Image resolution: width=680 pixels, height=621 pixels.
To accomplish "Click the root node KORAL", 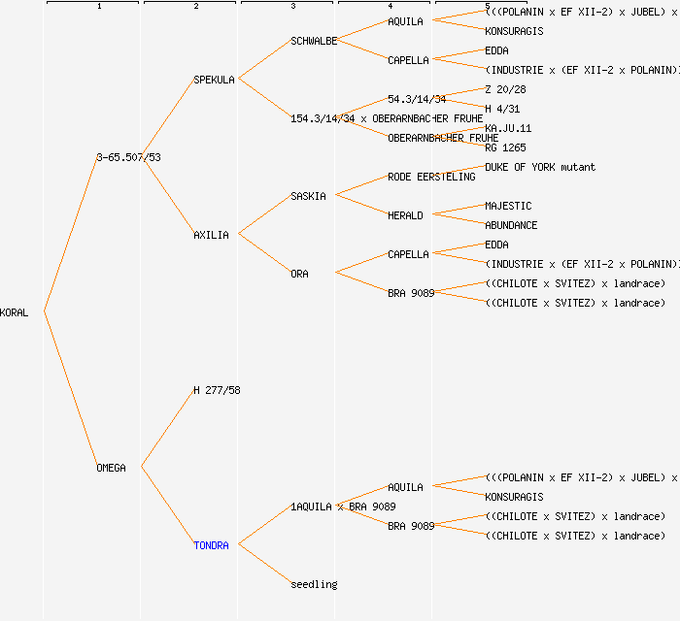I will (15, 312).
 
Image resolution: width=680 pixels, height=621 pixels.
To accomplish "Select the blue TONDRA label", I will (211, 545).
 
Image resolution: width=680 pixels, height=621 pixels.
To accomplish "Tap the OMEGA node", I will (111, 468).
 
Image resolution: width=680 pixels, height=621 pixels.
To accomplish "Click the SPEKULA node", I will (214, 80).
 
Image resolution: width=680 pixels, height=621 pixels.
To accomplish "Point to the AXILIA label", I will (211, 235).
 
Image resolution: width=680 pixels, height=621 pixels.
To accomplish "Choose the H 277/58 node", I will (217, 390).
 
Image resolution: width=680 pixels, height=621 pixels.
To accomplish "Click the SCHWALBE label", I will (314, 41).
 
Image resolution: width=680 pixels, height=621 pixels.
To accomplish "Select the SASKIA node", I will (308, 196).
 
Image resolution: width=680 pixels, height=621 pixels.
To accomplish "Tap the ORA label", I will (299, 274).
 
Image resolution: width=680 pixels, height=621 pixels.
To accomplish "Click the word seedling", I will (314, 584).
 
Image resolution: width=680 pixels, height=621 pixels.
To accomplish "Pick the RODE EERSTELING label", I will (431, 177).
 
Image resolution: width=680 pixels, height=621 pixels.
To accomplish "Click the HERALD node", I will (405, 215).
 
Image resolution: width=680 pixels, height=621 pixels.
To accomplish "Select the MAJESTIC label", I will (508, 206).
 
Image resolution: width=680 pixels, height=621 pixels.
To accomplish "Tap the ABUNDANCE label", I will (511, 225).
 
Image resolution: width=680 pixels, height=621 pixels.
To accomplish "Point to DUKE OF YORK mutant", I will (540, 167).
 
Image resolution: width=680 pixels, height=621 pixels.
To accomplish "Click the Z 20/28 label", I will (505, 89).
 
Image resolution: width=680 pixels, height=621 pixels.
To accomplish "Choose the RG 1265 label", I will (505, 147).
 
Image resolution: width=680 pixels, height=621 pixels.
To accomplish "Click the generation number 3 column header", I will (292, 7).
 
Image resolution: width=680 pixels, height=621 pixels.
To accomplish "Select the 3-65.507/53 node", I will (128, 157).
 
